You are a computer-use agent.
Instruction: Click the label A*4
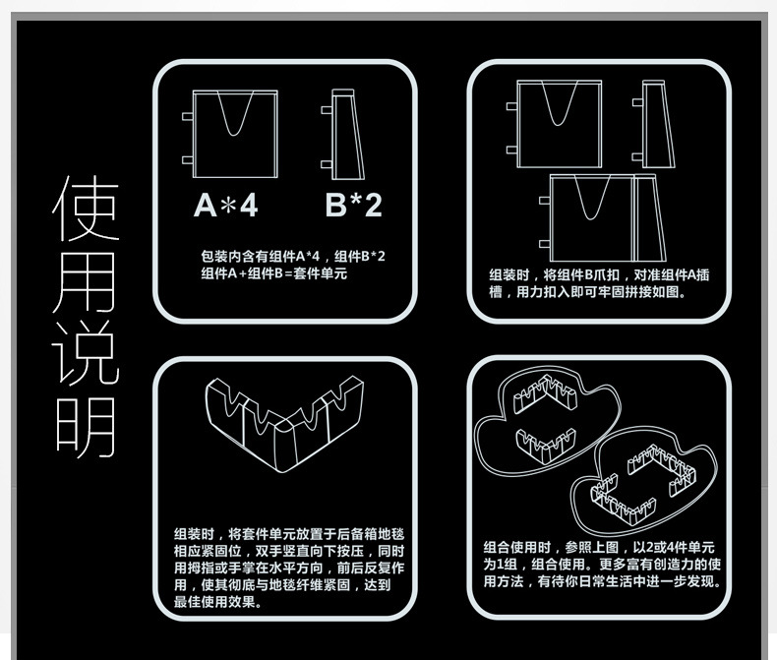point(226,205)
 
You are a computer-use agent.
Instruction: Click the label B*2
point(354,205)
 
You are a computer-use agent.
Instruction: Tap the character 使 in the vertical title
point(87,208)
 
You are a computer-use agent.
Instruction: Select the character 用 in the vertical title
point(86,282)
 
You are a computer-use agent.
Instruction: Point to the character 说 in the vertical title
point(86,354)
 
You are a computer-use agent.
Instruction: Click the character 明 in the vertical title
point(86,427)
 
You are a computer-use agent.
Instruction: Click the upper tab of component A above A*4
point(188,116)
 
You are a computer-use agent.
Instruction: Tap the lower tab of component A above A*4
point(188,160)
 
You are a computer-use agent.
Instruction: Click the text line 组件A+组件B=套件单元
point(274,273)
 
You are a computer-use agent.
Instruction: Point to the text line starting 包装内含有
point(293,256)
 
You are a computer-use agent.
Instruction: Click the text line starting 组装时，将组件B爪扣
point(599,275)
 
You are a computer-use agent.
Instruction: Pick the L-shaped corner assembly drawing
point(284,424)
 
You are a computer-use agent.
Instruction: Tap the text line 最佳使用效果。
point(218,602)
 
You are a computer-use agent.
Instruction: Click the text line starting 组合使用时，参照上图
point(599,548)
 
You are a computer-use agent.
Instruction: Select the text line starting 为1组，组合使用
point(602,565)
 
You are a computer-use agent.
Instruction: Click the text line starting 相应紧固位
point(289,551)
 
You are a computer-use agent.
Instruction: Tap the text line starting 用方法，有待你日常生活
point(602,581)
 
